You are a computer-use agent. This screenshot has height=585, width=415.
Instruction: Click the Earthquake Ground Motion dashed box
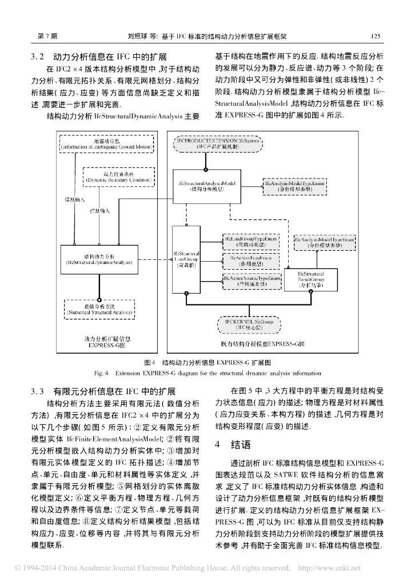(107, 144)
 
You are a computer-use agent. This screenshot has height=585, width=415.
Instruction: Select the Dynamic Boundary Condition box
(119, 177)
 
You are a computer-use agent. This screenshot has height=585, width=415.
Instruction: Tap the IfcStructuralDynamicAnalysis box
(99, 259)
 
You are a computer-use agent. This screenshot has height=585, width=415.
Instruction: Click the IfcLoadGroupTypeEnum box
(250, 240)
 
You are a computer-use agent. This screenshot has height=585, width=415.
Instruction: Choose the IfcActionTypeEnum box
(250, 261)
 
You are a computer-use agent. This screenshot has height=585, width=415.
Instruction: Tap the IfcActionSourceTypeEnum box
(250, 281)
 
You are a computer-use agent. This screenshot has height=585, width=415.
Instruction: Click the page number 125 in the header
(376, 35)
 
